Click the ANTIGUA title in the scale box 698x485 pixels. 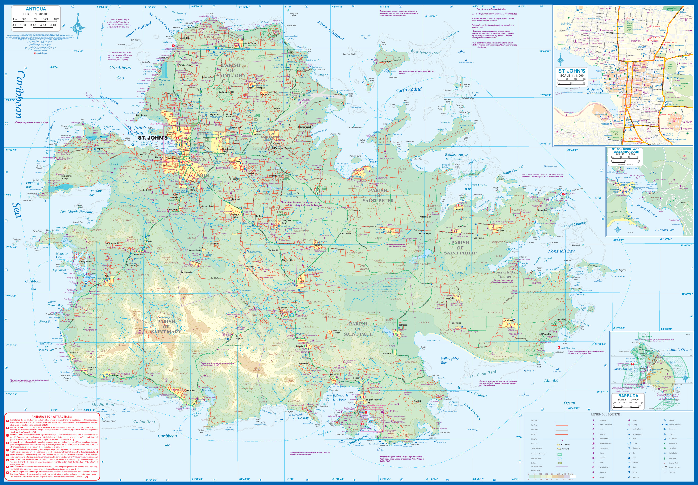point(36,9)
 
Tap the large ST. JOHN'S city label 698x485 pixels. point(153,138)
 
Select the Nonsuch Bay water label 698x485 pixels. point(561,251)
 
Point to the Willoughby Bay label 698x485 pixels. point(450,360)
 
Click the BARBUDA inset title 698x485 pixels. point(628,396)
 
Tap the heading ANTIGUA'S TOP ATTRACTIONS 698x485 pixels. point(52,417)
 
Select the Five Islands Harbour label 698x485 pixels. point(76,212)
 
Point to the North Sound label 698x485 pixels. point(408,90)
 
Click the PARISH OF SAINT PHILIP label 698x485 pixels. point(460,248)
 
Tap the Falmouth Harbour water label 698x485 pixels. point(340,397)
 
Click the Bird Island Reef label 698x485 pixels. point(425,52)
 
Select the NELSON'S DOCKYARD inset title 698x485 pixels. point(625,150)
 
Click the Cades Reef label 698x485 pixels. point(144,422)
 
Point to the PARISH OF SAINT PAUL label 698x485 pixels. point(358,329)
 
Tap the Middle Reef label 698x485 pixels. point(103,405)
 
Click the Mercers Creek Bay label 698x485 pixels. point(476,187)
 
